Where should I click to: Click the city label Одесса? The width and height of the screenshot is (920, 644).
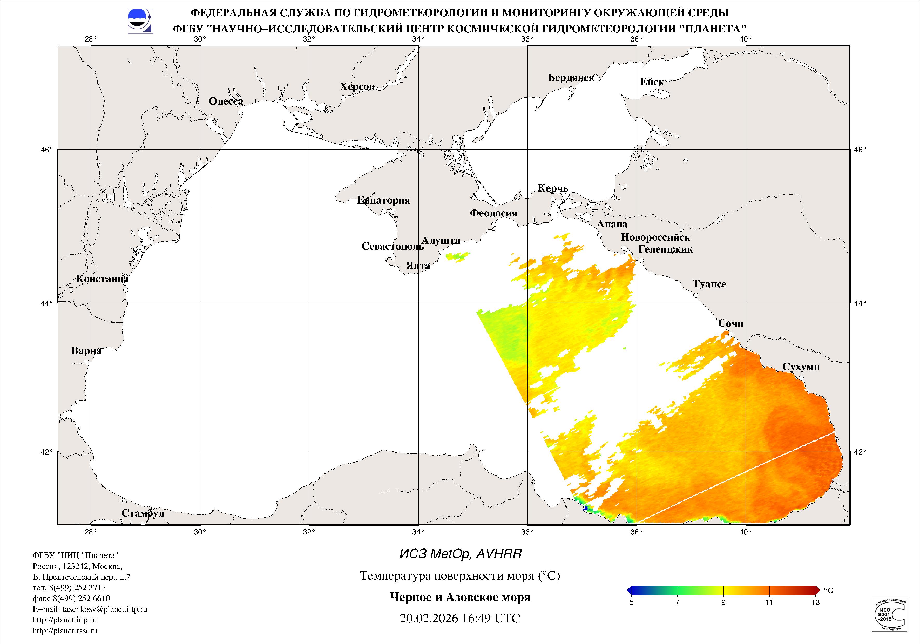[226, 101]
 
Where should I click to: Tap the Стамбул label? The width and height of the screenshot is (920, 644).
[143, 513]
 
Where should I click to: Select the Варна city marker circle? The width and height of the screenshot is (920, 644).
[86, 362]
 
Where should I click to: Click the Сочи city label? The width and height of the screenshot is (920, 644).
[730, 323]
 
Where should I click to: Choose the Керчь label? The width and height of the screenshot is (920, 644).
[553, 188]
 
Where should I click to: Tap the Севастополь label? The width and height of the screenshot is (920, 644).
[392, 246]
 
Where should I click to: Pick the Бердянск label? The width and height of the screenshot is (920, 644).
[571, 78]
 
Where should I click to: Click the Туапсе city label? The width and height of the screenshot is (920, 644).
[709, 284]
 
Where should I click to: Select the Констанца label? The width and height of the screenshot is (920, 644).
[102, 279]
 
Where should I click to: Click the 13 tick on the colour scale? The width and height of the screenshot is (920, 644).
[815, 602]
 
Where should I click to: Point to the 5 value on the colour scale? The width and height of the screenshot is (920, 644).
[632, 602]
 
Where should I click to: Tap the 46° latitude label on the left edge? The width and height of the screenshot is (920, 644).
[47, 150]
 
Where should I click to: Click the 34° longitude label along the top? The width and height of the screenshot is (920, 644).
[418, 39]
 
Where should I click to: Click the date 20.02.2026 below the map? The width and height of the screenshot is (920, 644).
[428, 618]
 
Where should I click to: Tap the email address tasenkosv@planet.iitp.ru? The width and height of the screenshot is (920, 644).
[105, 609]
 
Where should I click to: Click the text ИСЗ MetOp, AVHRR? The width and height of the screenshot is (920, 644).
[461, 554]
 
